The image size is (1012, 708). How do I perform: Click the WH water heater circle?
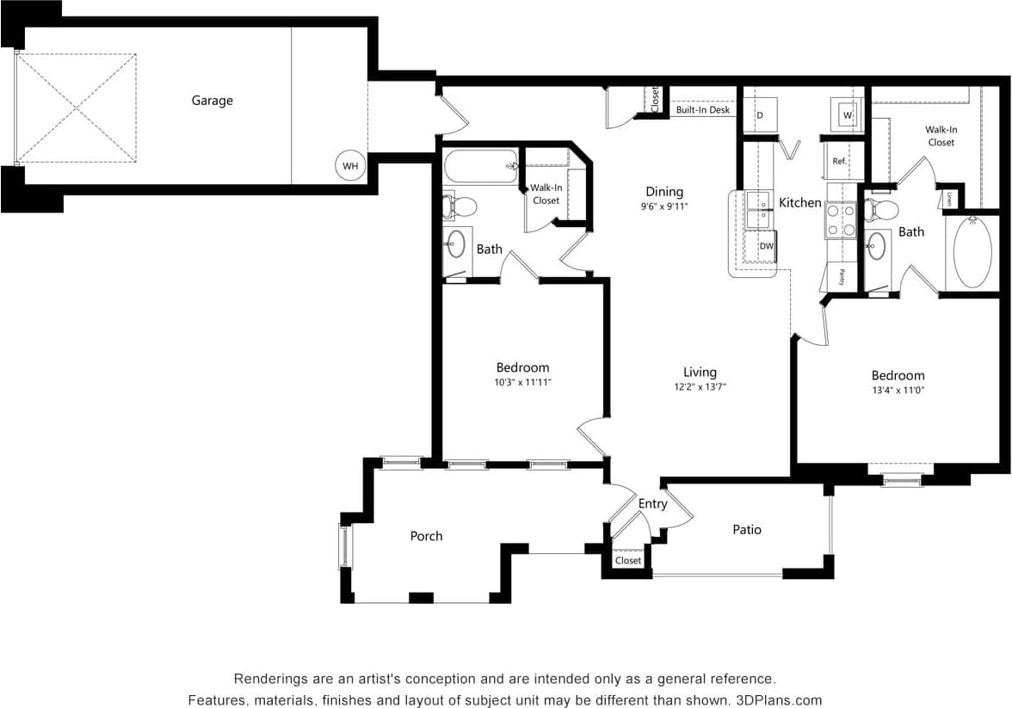click(350, 166)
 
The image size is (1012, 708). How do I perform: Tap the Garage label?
click(212, 101)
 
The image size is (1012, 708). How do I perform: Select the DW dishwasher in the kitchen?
click(766, 246)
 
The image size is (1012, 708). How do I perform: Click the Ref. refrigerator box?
click(840, 161)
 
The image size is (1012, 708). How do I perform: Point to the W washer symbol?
click(848, 114)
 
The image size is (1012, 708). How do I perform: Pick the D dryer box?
click(760, 114)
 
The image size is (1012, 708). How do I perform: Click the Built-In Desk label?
click(702, 110)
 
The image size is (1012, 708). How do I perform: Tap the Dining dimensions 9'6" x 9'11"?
click(664, 206)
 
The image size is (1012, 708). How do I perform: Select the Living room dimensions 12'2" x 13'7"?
click(700, 387)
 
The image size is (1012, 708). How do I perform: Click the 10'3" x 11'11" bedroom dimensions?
click(522, 382)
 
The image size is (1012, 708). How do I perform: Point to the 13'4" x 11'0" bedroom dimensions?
click(898, 390)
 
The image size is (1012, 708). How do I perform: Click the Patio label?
click(747, 530)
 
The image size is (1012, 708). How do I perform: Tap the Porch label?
click(426, 536)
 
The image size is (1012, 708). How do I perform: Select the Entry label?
click(652, 504)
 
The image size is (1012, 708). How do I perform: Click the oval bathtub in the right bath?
click(972, 252)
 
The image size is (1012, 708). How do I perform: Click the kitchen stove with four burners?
click(841, 220)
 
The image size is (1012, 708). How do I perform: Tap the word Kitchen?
click(800, 203)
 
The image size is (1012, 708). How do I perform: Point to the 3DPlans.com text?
click(780, 700)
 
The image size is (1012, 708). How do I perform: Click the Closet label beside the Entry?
click(628, 561)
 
